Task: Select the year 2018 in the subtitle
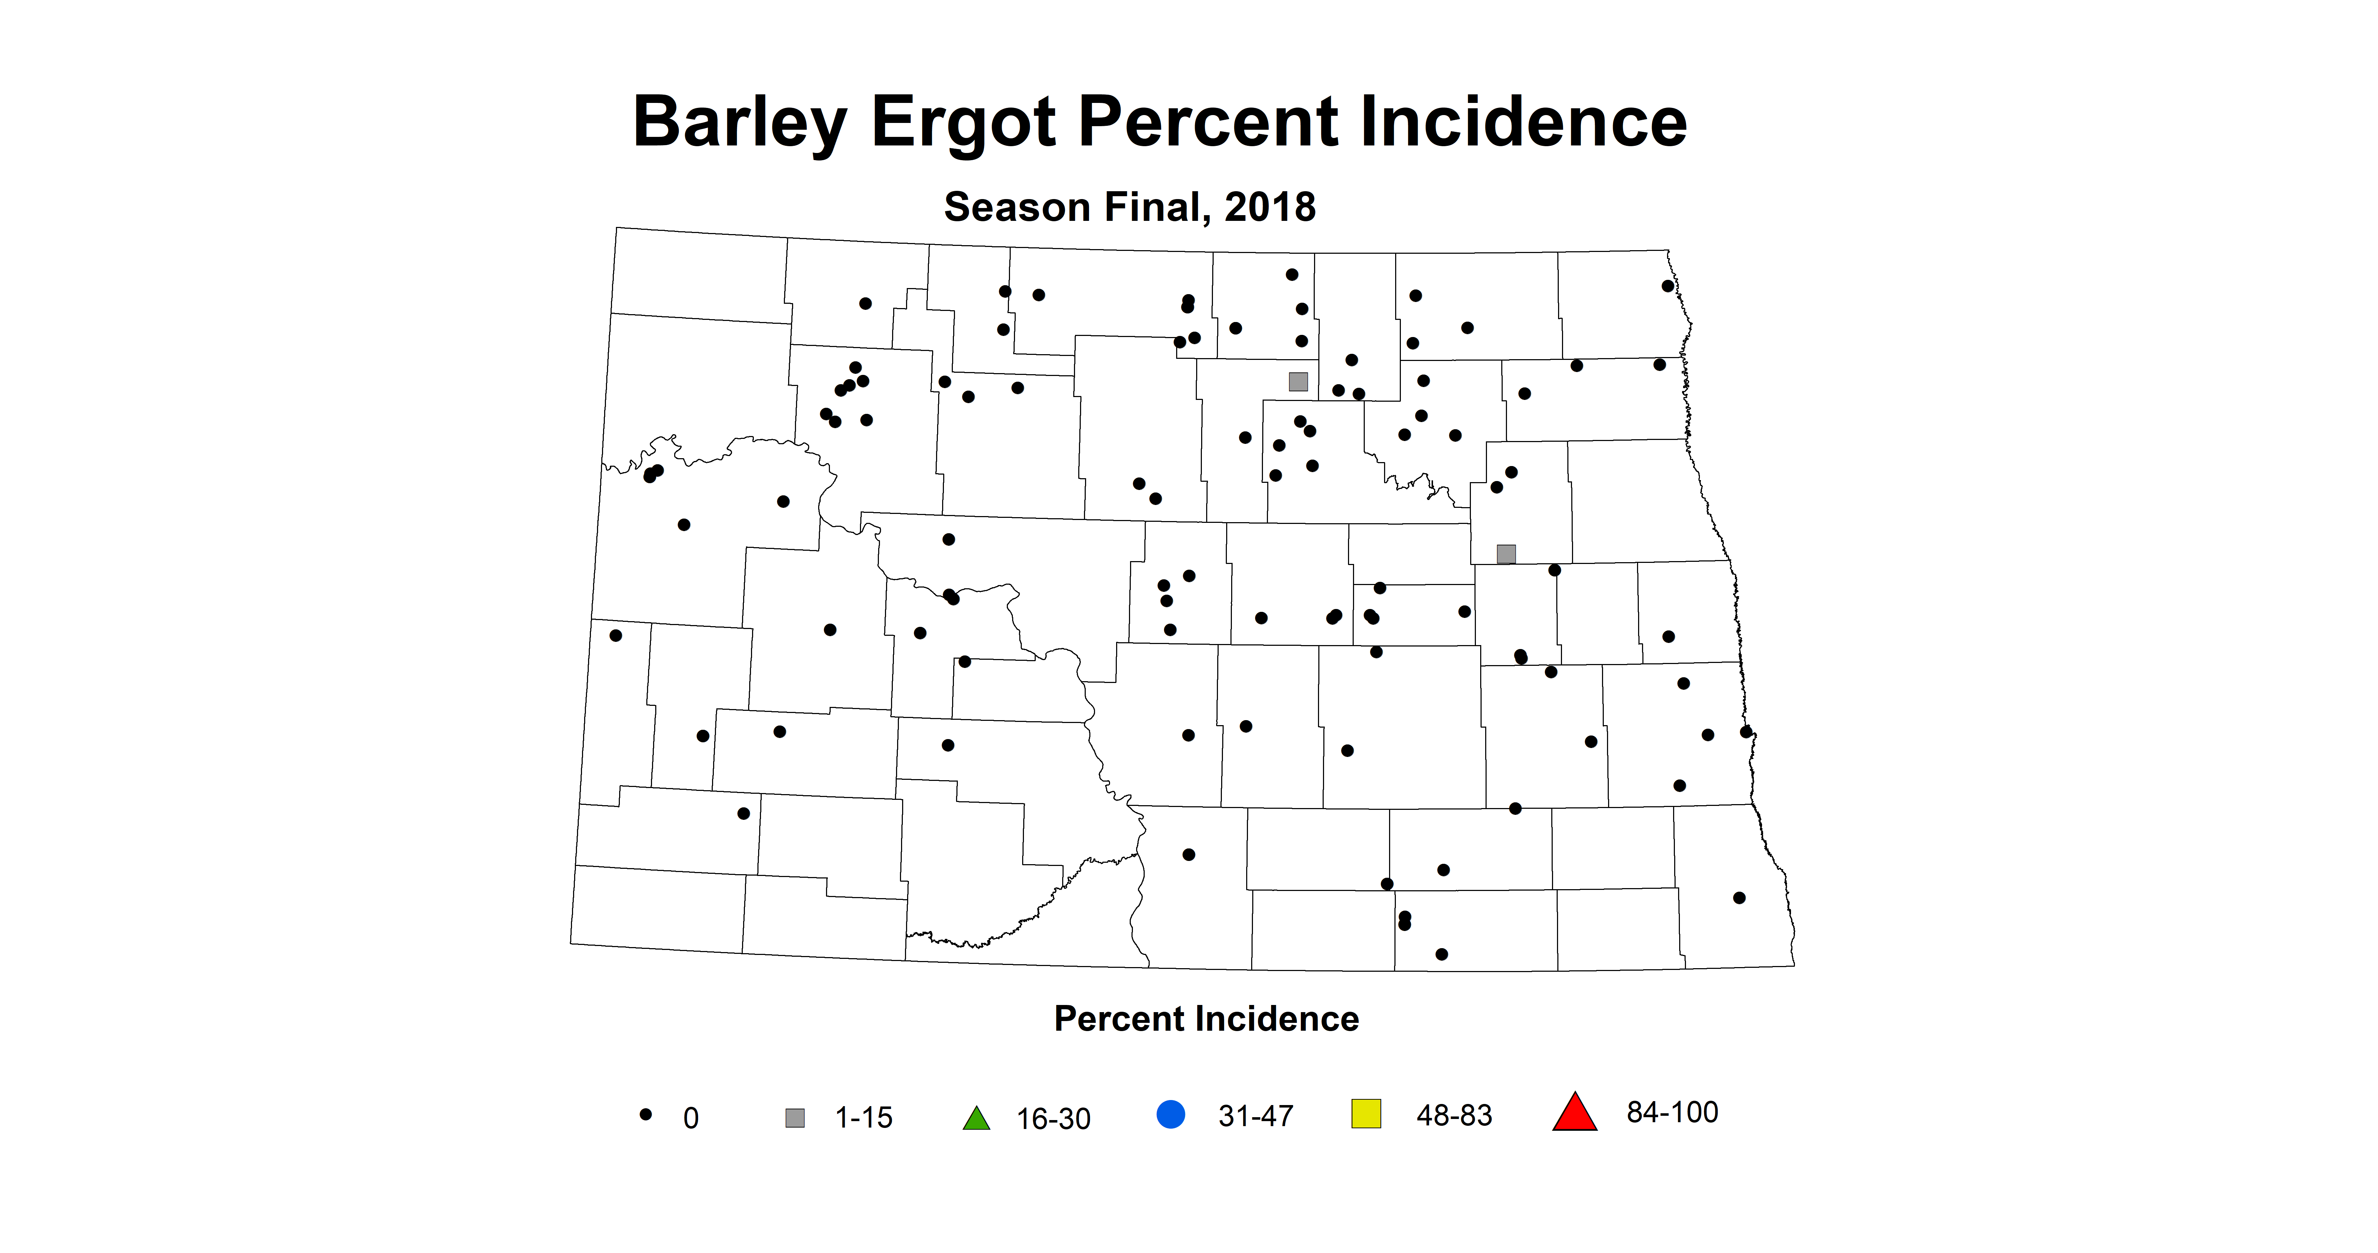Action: point(1270,207)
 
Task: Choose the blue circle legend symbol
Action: point(1170,1114)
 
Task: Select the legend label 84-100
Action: point(1672,1113)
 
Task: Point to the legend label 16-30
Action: point(1053,1119)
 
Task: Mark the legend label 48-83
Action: point(1454,1115)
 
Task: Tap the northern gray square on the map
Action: point(1298,381)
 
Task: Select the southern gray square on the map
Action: point(1506,554)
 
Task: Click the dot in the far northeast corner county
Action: point(1667,286)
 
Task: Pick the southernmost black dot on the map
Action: point(1442,954)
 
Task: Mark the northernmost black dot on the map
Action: point(1292,274)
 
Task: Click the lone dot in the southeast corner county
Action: point(1739,897)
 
